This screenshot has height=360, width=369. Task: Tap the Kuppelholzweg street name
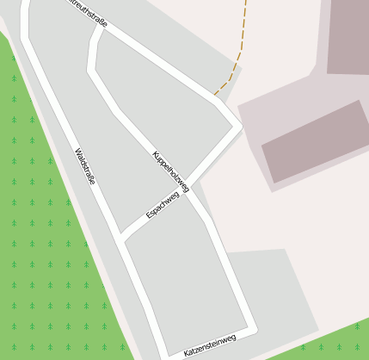[169, 170]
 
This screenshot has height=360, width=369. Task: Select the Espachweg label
[163, 205]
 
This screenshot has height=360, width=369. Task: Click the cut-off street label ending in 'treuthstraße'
[87, 12]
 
